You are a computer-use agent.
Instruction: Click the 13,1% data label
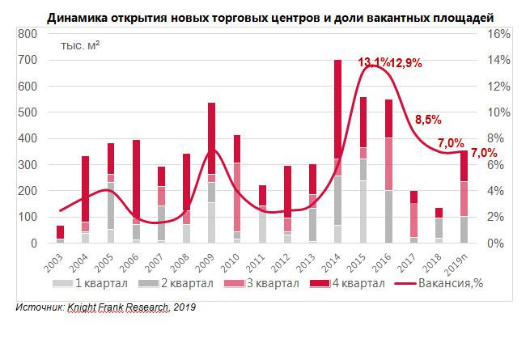[x=374, y=62]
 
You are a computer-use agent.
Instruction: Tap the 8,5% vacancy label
[x=428, y=120]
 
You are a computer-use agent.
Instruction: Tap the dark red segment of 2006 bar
[x=137, y=178]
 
